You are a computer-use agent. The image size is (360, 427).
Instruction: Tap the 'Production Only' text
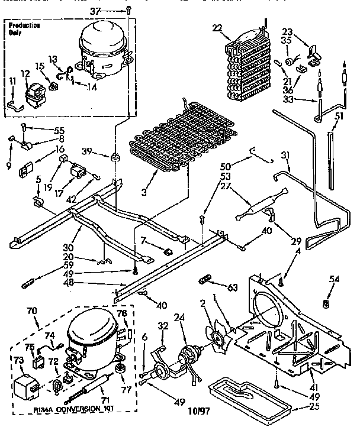click(x=24, y=29)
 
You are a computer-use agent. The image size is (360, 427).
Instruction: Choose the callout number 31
click(x=285, y=155)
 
